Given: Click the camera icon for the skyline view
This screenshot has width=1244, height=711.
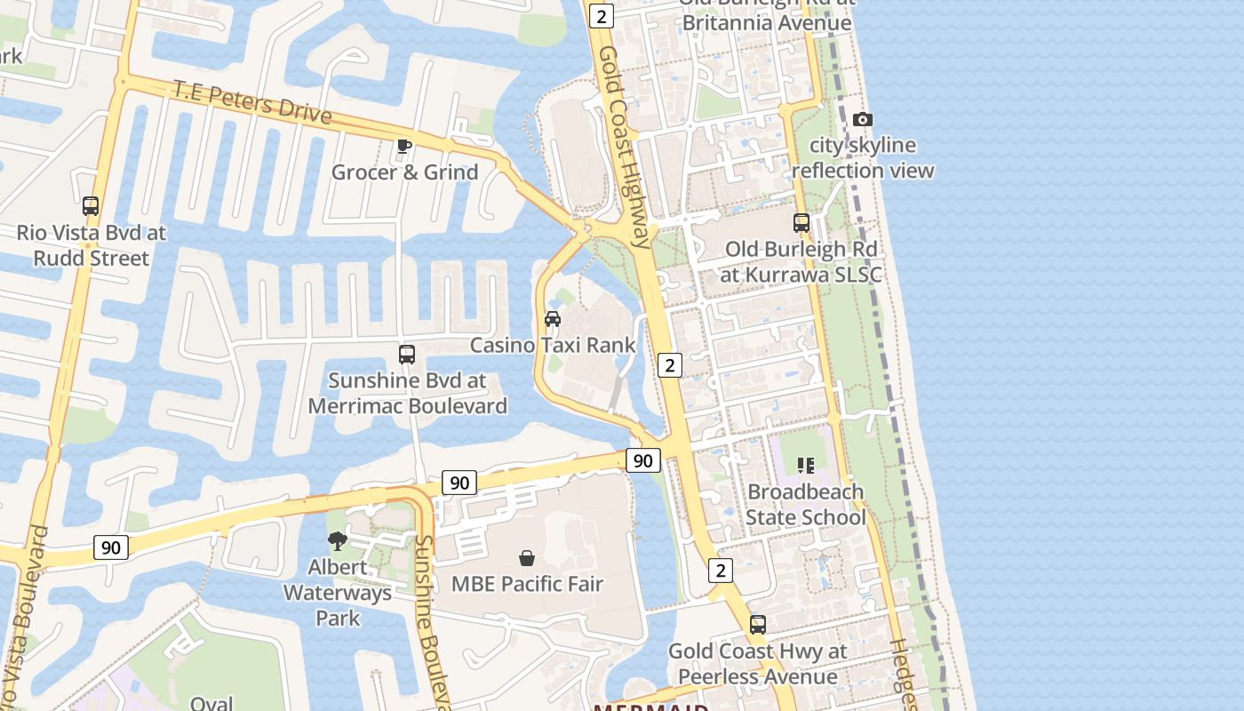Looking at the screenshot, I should tap(862, 120).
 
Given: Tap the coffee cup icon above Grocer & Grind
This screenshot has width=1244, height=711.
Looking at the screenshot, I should tap(404, 146).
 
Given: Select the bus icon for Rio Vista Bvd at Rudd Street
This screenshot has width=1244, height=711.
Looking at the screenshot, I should tap(91, 206).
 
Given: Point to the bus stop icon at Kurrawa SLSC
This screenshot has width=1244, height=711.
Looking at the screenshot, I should tap(801, 223).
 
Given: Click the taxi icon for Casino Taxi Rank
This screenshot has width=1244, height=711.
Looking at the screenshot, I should tap(553, 319).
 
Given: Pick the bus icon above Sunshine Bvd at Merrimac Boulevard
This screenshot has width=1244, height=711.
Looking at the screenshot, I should tap(407, 355).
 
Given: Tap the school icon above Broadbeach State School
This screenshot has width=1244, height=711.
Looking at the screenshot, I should tap(806, 465).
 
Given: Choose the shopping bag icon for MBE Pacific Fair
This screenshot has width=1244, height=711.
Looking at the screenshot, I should tap(527, 558).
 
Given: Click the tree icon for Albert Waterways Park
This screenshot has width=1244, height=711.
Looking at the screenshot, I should tap(338, 540).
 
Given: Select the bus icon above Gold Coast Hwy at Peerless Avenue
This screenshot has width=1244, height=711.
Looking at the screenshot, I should tap(758, 625).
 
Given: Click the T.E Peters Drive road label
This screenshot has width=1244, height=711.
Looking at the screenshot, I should tap(252, 102).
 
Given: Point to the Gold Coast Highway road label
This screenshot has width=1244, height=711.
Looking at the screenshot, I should tap(625, 147).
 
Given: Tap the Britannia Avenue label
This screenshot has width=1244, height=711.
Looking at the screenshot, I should tap(765, 22).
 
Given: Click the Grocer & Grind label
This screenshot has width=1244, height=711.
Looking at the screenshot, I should tap(405, 172).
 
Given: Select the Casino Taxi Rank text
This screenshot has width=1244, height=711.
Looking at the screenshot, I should tap(553, 345).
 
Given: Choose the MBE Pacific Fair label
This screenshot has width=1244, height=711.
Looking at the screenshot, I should tap(527, 584).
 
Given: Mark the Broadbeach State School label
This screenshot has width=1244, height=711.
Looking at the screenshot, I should tap(806, 504).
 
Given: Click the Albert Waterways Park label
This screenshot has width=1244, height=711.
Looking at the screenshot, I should tap(338, 592).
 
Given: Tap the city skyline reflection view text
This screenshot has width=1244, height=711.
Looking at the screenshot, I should tap(863, 157).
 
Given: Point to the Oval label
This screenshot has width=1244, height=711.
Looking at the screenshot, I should tap(211, 703).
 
